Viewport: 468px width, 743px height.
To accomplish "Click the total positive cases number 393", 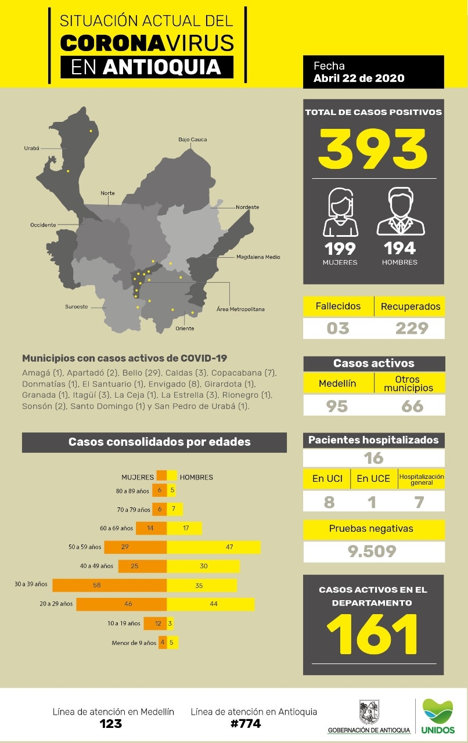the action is [373, 149].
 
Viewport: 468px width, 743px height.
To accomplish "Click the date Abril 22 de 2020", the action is [359, 78].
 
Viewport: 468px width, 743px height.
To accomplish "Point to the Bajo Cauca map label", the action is [192, 140].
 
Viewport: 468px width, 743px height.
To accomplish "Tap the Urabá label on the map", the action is [31, 148].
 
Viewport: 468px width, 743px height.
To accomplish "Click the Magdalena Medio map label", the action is [258, 257].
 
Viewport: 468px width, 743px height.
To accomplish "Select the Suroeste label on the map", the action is [76, 306].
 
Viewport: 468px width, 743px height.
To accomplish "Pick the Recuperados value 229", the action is [411, 329].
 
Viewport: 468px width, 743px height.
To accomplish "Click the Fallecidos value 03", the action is [338, 329].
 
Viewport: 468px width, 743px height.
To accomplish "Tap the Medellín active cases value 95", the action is [337, 406].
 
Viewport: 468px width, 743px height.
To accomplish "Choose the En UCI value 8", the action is [329, 502].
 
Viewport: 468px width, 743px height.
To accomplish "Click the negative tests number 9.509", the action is [372, 551].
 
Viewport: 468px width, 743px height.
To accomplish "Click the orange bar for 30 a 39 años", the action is [109, 585].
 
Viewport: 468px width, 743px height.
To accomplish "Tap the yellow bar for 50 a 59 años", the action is [213, 547].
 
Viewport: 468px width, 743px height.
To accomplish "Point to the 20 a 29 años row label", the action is [56, 604].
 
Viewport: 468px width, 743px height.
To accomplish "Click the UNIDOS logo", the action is [438, 715].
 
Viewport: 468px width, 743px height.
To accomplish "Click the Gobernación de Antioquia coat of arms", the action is [369, 712].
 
